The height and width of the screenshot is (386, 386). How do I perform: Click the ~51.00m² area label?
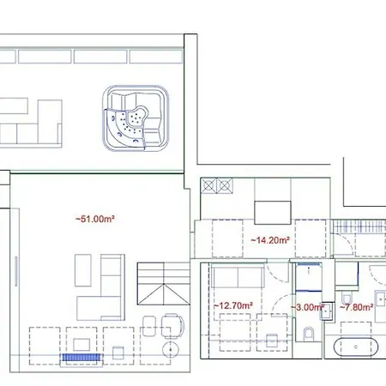coord(95,220)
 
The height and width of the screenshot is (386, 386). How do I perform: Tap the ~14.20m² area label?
coord(268,241)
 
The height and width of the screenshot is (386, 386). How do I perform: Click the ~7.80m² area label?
coord(355,306)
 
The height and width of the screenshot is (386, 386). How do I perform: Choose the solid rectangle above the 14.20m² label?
coord(272,211)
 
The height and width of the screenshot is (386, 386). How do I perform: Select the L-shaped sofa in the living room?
coord(105,288)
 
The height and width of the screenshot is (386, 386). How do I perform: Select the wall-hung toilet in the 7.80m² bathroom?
coord(381,300)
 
